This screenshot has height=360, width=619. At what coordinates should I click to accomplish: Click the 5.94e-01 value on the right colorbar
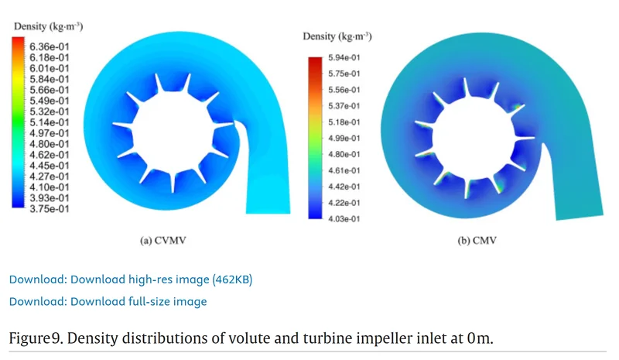click(x=344, y=58)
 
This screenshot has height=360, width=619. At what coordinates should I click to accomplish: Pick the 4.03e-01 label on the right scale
click(x=344, y=218)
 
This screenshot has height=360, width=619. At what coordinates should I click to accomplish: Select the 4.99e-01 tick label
click(x=344, y=138)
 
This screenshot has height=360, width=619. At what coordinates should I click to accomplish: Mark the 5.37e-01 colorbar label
click(x=344, y=106)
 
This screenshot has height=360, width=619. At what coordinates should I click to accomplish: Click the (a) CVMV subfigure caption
click(x=162, y=241)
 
